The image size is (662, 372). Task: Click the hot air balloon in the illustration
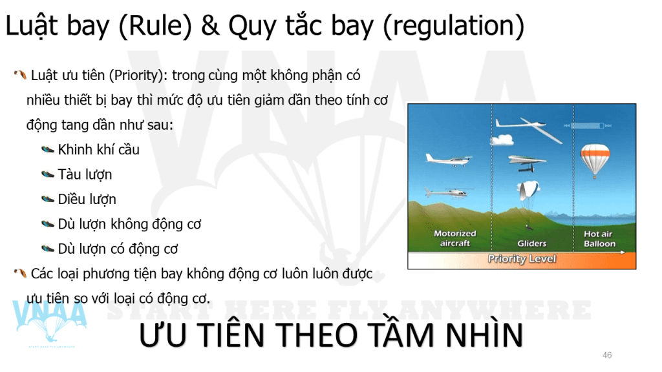595,160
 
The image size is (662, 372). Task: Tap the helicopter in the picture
449,192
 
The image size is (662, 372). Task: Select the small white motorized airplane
449,160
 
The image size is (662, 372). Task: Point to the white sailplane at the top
529,129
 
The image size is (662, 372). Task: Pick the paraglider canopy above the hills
528,191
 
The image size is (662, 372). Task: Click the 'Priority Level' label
522,258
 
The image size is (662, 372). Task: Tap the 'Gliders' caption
531,243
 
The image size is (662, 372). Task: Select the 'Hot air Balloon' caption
599,239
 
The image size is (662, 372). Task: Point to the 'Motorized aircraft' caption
455,238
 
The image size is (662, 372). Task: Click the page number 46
607,355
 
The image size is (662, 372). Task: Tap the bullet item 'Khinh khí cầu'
98,150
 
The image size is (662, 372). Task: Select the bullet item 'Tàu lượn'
85,174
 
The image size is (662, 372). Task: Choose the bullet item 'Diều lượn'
87,199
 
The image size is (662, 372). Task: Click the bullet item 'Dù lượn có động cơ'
118,249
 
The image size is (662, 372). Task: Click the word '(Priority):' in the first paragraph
138,76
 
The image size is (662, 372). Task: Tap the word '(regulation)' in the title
453,26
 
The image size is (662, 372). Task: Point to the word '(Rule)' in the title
155,26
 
